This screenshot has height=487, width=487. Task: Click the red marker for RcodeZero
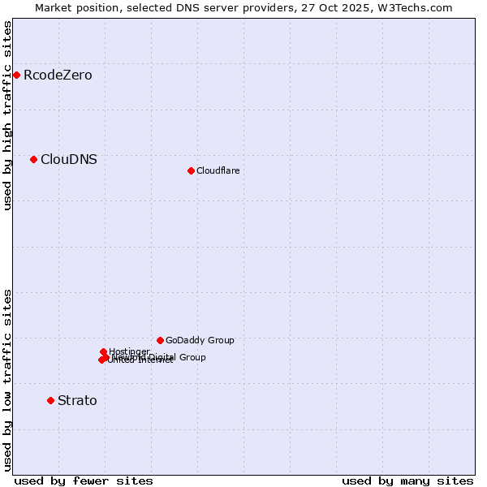[16, 75]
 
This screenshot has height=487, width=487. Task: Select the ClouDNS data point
[33, 159]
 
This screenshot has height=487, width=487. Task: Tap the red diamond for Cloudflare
[191, 170]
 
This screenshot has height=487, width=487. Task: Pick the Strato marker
[50, 400]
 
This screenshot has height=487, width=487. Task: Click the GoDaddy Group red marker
[160, 340]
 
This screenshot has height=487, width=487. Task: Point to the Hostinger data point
[104, 351]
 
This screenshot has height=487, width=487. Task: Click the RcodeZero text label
[58, 75]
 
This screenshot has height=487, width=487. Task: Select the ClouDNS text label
[69, 160]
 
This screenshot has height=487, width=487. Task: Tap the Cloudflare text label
[218, 170]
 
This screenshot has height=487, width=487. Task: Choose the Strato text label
[77, 401]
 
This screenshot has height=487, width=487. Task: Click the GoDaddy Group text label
[200, 340]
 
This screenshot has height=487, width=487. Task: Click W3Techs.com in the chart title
[415, 7]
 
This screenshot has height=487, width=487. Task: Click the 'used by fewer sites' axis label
[84, 481]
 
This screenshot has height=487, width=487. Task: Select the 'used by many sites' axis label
[407, 481]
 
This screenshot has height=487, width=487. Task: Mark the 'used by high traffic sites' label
[7, 115]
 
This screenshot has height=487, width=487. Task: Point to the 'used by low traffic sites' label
[7, 379]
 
